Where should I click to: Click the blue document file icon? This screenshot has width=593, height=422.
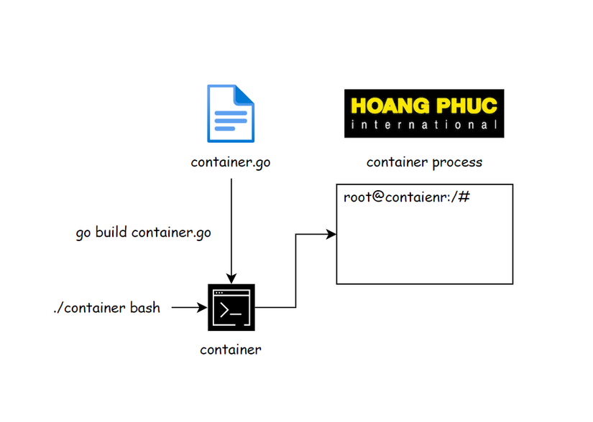pyautogui.click(x=231, y=113)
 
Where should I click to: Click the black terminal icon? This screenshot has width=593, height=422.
pyautogui.click(x=231, y=307)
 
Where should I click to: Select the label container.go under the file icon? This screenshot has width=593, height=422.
pyautogui.click(x=231, y=162)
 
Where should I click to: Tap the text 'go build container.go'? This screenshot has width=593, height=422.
pyautogui.click(x=144, y=233)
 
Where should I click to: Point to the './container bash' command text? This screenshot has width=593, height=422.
pyautogui.click(x=106, y=308)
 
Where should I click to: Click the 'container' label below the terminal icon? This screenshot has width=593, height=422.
pyautogui.click(x=231, y=350)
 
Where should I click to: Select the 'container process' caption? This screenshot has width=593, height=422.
pyautogui.click(x=424, y=162)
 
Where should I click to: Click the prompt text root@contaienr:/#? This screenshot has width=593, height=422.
pyautogui.click(x=406, y=197)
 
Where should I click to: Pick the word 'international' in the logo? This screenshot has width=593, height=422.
pyautogui.click(x=424, y=125)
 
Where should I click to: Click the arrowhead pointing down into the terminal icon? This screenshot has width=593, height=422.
pyautogui.click(x=231, y=279)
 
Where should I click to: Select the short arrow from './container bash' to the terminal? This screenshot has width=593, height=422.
pyautogui.click(x=188, y=308)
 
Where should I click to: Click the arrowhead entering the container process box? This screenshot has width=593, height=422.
pyautogui.click(x=332, y=234)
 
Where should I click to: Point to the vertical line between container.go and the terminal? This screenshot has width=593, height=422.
pyautogui.click(x=231, y=222)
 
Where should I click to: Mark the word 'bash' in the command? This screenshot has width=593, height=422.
pyautogui.click(x=145, y=308)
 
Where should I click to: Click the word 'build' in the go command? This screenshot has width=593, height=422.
pyautogui.click(x=112, y=233)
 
